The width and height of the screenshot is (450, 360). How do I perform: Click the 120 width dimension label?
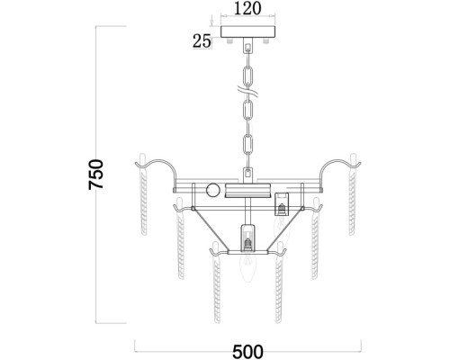247,8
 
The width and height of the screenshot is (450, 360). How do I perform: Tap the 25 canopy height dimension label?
202,41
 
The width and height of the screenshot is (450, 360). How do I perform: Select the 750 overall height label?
96,175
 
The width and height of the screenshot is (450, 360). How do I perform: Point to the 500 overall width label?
247,351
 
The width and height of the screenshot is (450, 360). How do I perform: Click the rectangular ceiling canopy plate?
247,32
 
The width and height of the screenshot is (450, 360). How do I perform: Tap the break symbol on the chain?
247,90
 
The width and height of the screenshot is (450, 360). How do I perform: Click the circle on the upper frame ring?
213,190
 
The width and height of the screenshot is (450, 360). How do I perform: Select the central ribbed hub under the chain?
248,190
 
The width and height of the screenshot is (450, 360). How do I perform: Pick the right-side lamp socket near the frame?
282,204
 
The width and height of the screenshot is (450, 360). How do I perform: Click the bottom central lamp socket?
247,238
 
